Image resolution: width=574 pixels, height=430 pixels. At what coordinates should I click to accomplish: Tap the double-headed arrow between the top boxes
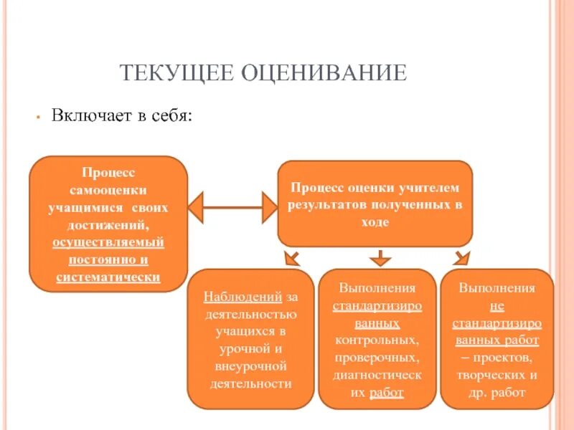coord(232,208)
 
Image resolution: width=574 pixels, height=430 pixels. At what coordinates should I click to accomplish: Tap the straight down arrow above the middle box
coord(379,257)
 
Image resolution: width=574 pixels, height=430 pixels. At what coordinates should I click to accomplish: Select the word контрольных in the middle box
coord(376,340)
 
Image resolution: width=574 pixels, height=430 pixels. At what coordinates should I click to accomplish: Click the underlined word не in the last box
coord(497,305)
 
